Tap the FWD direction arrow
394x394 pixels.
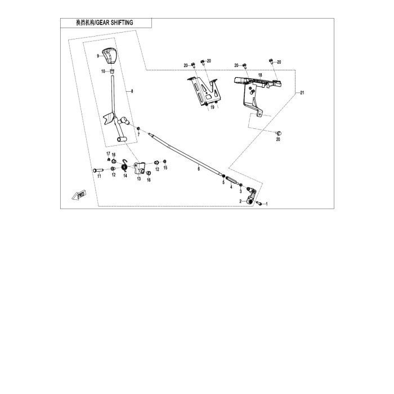tap(79, 195)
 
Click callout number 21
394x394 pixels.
tap(302, 93)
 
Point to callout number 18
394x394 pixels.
tap(260, 75)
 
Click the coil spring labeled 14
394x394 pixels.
tap(124, 165)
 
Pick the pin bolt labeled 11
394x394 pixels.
tap(98, 170)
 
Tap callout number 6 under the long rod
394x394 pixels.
tap(199, 169)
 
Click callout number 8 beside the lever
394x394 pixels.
tap(132, 91)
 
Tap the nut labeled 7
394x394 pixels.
tap(138, 129)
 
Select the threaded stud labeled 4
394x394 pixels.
tap(231, 181)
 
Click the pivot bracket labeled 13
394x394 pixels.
tap(140, 168)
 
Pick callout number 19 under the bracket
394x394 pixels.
tap(213, 108)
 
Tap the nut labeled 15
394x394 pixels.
tap(165, 162)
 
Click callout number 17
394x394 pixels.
tap(108, 154)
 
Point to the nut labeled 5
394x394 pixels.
tap(223, 176)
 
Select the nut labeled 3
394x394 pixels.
tap(241, 185)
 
